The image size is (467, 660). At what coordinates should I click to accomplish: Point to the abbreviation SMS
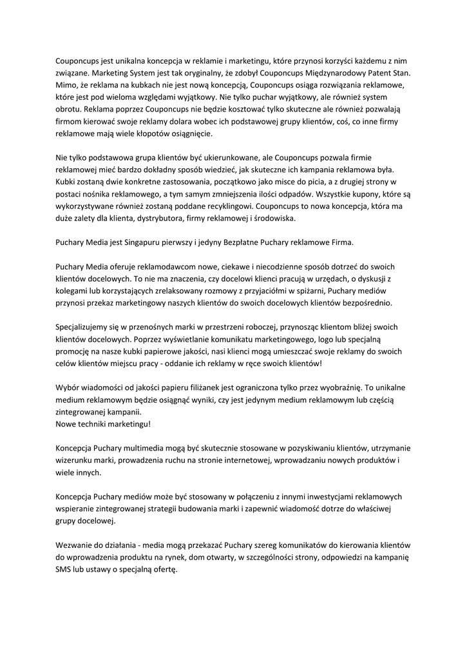point(64,570)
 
